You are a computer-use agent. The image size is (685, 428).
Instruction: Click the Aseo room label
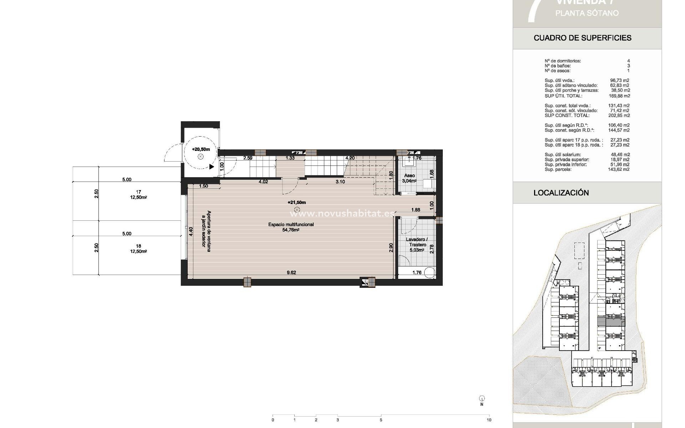click(x=409, y=176)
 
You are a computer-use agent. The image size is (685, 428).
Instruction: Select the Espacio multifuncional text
click(x=291, y=225)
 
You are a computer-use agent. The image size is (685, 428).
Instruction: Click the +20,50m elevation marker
click(x=201, y=149)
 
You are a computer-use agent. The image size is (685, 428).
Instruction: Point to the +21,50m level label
click(x=296, y=203)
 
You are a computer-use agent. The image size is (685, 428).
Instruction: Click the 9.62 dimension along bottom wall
click(x=291, y=273)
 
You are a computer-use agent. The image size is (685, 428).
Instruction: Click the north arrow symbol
click(x=482, y=399)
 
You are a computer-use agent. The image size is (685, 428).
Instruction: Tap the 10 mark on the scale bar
click(x=489, y=420)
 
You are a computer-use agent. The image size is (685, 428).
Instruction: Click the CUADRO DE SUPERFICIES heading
click(x=582, y=38)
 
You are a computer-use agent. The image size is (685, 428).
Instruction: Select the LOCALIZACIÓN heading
click(x=561, y=193)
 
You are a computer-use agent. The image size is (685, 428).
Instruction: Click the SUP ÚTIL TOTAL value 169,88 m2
click(x=619, y=96)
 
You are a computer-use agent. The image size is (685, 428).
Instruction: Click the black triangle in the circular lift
click(x=212, y=167)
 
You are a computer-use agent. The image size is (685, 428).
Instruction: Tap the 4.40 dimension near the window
click(x=191, y=231)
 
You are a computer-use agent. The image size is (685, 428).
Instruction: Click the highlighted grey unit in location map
click(x=611, y=321)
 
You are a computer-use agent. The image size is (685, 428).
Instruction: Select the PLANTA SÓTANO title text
click(x=587, y=13)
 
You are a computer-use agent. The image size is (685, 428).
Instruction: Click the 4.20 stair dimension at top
click(x=350, y=158)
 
